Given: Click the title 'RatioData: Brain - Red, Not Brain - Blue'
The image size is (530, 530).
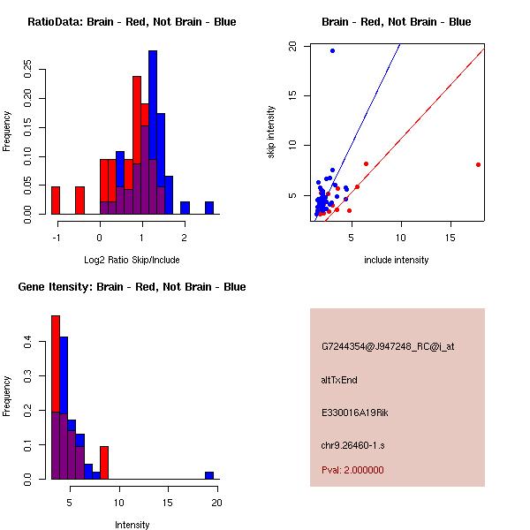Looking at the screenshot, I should tap(132, 21).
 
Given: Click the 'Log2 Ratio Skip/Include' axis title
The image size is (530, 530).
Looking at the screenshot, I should tap(132, 260).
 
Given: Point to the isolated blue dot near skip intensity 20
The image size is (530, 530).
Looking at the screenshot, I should tap(332, 50).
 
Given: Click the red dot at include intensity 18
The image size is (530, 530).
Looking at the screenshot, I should tap(478, 164).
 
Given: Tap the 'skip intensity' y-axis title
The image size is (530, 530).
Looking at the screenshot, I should tap(271, 132).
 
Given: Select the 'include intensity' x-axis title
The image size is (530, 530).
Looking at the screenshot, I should tap(397, 260).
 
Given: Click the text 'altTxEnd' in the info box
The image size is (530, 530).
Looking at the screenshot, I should tap(339, 380).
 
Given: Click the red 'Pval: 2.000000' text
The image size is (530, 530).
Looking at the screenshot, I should tap(352, 470).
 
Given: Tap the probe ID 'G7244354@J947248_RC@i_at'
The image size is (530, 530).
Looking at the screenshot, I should tap(388, 347).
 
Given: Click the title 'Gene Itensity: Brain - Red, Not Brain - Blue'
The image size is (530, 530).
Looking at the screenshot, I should tap(132, 287).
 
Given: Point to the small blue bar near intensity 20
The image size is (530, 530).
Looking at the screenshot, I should tap(209, 475).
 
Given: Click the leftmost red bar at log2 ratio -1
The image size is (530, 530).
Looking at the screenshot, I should tap(56, 201).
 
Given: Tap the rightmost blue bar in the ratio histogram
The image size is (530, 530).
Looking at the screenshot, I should tap(209, 208).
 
